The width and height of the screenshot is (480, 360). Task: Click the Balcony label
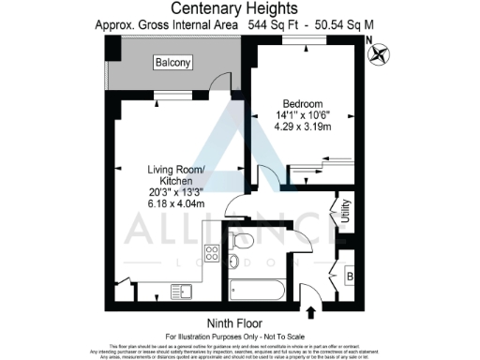173,63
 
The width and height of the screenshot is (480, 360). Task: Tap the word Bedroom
301,105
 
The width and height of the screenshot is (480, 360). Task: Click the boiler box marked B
350,277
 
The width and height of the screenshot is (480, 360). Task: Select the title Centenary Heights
239,9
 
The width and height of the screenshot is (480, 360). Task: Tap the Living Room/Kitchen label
170,174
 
